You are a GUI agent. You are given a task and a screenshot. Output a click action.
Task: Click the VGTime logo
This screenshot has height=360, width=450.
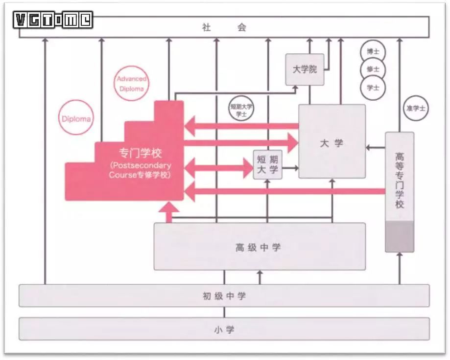(53, 20)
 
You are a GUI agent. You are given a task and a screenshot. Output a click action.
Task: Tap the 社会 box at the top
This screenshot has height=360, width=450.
(224, 28)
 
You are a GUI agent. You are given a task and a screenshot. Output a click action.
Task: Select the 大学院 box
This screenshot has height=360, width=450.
(305, 69)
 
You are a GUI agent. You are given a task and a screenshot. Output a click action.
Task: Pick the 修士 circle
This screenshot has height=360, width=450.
(373, 69)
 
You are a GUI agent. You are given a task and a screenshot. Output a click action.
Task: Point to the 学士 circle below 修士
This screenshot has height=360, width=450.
(373, 88)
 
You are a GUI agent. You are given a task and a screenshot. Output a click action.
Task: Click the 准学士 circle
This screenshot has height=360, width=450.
(415, 109)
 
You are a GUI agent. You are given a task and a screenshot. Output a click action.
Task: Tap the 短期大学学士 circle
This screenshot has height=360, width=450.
(241, 109)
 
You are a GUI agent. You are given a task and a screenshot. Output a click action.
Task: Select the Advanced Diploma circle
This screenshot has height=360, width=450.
(131, 84)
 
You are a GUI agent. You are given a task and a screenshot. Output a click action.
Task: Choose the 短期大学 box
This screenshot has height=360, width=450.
(267, 165)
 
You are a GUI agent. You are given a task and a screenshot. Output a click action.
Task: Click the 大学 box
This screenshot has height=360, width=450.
(332, 142)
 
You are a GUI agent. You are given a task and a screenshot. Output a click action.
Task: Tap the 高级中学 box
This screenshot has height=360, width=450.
(260, 247)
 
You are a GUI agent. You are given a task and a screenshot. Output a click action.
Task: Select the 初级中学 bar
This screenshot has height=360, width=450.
(224, 296)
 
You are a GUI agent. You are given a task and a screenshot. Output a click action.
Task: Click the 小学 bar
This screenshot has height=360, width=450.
(224, 329)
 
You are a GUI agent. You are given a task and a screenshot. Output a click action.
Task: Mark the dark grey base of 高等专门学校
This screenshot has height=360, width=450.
(400, 236)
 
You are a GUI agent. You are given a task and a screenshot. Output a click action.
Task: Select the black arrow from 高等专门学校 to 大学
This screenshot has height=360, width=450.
(375, 147)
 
